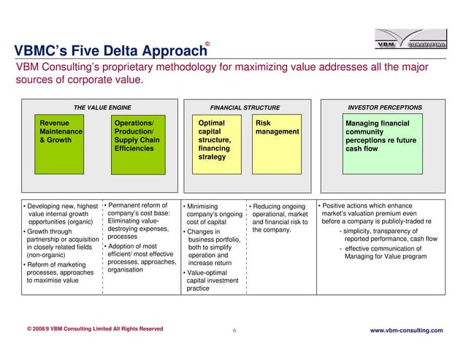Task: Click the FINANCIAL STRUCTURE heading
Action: (x=245, y=107)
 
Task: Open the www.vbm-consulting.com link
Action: (x=407, y=331)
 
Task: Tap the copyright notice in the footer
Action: (x=95, y=329)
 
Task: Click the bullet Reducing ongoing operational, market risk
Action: (x=278, y=218)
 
